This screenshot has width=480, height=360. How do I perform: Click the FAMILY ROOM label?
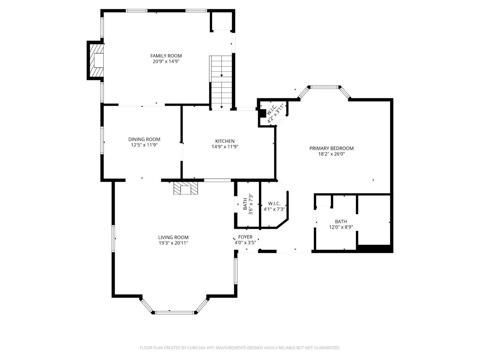point(166,56)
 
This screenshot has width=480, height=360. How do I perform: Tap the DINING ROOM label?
point(144,139)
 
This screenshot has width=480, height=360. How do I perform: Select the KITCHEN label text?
point(225,141)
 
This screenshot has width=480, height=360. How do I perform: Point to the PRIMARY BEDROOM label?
point(331,148)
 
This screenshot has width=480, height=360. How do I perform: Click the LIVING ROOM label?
point(173,237)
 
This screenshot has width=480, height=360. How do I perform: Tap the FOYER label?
point(245,237)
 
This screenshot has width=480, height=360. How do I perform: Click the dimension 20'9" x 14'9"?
point(166,61)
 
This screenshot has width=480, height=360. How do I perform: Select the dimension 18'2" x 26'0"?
point(331,154)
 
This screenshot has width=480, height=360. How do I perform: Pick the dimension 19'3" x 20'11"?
point(173,243)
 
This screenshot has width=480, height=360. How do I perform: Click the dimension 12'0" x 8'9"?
point(341,227)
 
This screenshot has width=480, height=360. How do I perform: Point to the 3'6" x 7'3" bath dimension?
point(251,204)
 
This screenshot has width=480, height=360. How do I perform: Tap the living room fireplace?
point(186,188)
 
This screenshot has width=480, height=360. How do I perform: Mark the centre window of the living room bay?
point(174,313)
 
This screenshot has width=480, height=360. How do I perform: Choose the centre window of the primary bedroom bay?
point(324,87)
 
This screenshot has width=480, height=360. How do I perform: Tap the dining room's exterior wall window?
point(102,140)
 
